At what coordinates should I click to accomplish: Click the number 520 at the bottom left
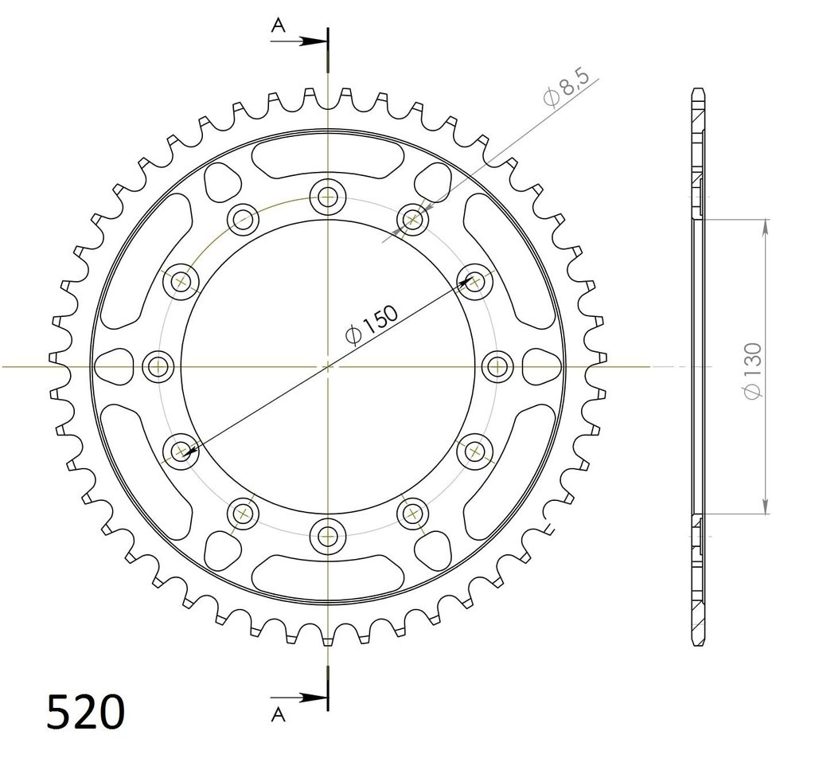(x=86, y=711)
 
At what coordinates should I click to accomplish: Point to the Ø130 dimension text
(x=753, y=371)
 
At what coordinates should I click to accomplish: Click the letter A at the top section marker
(x=279, y=25)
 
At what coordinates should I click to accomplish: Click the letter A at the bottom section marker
(x=279, y=715)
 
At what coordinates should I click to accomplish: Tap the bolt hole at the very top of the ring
(x=327, y=197)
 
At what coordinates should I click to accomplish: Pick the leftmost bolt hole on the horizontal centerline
(x=158, y=366)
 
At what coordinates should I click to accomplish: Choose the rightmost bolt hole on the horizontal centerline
(x=497, y=366)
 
